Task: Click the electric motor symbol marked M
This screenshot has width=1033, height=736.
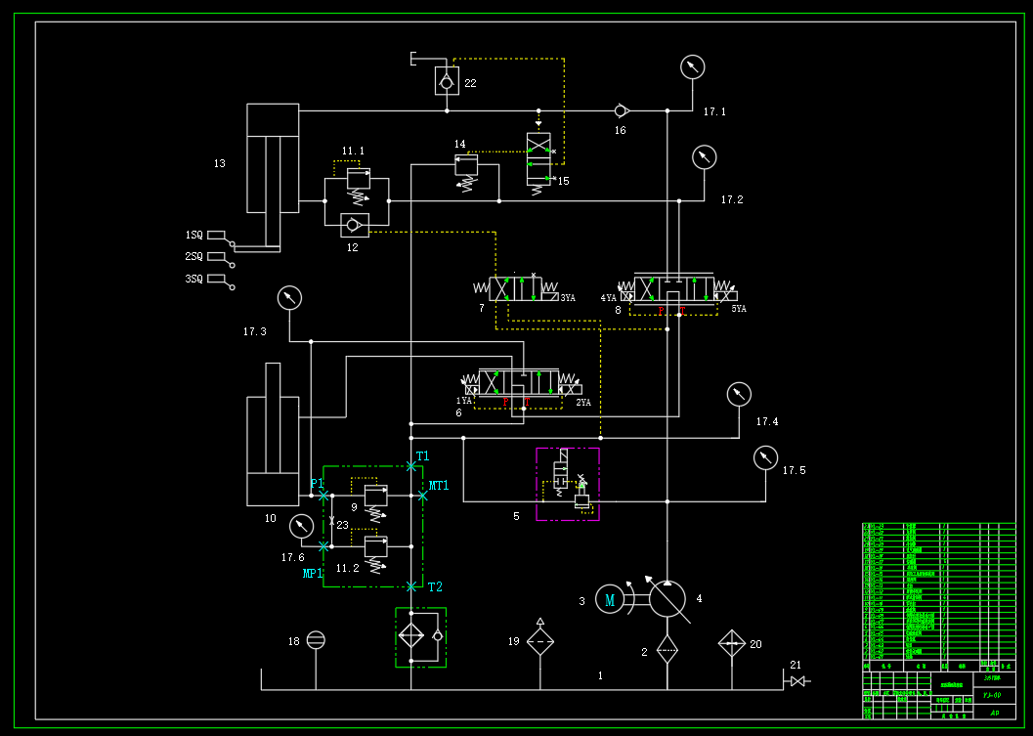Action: (610, 599)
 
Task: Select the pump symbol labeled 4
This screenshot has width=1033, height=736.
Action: (667, 598)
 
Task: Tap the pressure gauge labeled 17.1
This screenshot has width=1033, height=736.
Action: (692, 66)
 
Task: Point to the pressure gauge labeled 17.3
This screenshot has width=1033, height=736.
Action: (289, 298)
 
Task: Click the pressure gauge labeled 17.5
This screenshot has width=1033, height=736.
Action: (766, 456)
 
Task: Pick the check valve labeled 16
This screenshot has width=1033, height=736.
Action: (621, 110)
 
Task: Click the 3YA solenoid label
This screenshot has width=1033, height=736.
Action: (567, 298)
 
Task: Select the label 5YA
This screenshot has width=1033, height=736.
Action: (738, 309)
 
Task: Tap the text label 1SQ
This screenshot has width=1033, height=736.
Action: (194, 236)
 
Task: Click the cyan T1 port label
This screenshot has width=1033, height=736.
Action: (422, 456)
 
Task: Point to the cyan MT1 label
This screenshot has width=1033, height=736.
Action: (439, 486)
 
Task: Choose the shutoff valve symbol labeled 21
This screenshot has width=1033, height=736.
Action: (797, 680)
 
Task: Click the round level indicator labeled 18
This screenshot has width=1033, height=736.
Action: (316, 640)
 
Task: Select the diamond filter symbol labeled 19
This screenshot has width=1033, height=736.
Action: (540, 641)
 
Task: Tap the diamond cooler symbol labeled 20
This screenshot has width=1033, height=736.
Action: (732, 643)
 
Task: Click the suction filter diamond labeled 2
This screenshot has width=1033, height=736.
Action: (667, 649)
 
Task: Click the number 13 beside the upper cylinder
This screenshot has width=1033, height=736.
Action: (219, 163)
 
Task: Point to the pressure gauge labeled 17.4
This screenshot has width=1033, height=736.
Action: (739, 394)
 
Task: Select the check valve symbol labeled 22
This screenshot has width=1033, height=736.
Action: (447, 81)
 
